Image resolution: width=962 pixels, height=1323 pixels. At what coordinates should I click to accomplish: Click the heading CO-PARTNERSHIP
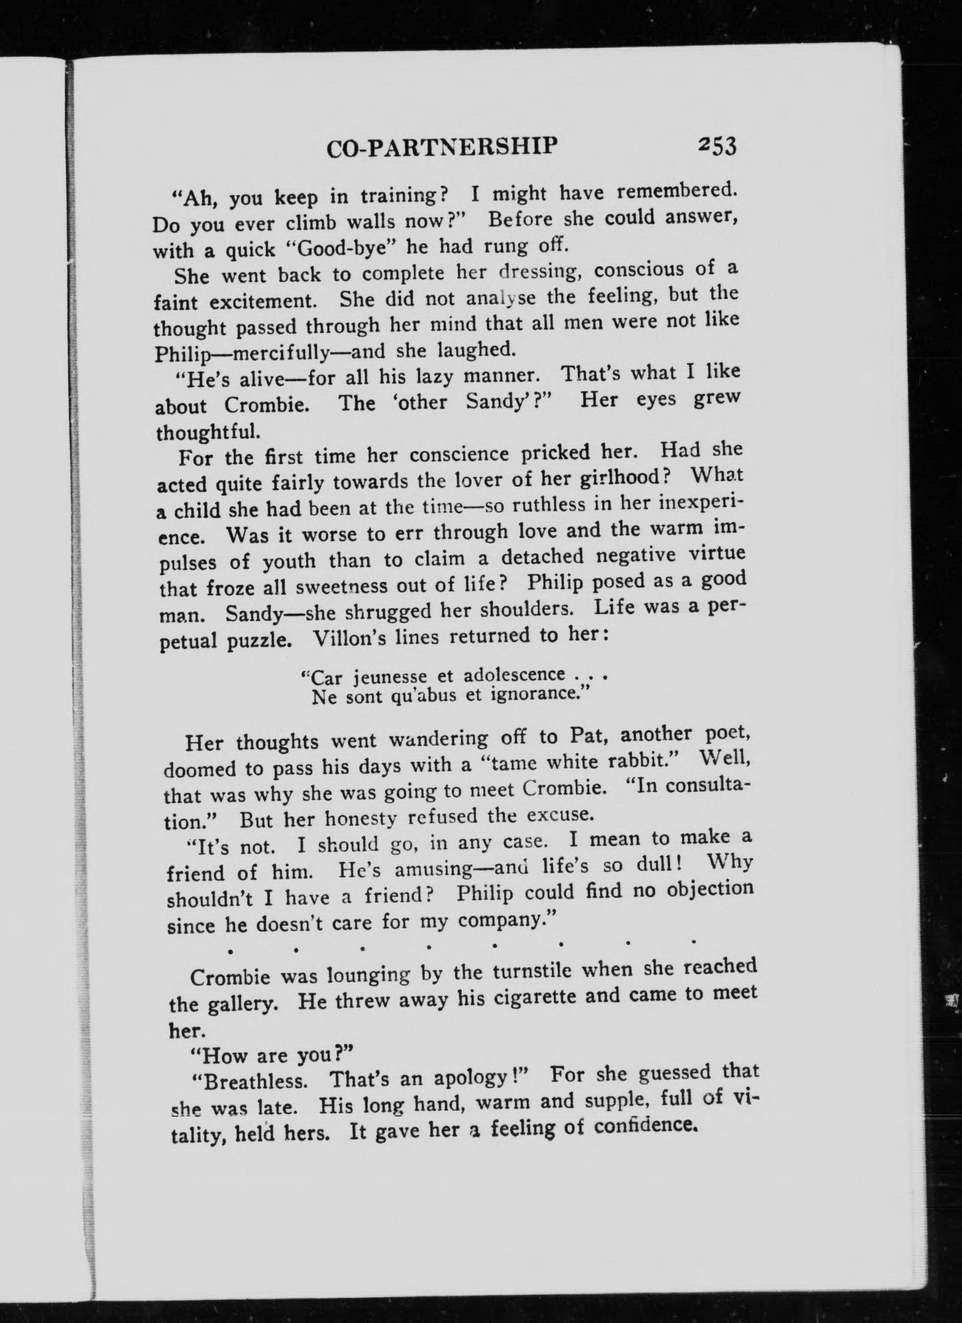pos(442,147)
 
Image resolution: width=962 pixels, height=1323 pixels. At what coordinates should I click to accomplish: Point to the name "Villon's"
pos(349,638)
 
